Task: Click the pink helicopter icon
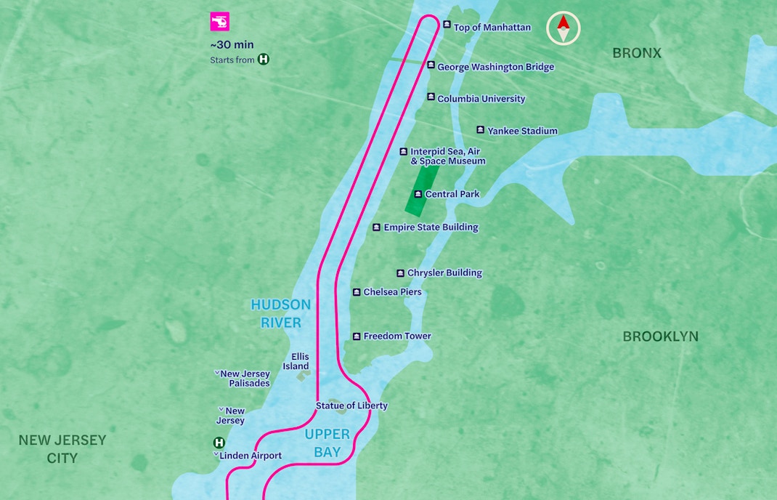coord(219,22)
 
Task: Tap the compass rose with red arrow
coord(563,28)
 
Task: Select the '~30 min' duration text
coord(232,45)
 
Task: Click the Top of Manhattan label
coord(492,28)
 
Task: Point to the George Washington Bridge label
coord(495,67)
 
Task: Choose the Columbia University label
coord(481,99)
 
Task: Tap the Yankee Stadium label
coord(522,132)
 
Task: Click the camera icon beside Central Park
coord(418,194)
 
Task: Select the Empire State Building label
coord(431,227)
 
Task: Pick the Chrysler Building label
coord(444,273)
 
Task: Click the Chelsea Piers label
coord(392,292)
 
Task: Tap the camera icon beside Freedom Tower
coord(357,336)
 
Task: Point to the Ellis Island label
coord(300,362)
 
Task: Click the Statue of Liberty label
coord(351,406)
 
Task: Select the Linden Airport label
coord(251,456)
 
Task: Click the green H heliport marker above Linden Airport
coord(219,443)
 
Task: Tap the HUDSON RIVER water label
coord(280,313)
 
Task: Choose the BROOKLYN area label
coord(660,336)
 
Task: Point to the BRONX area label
coord(636,53)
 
